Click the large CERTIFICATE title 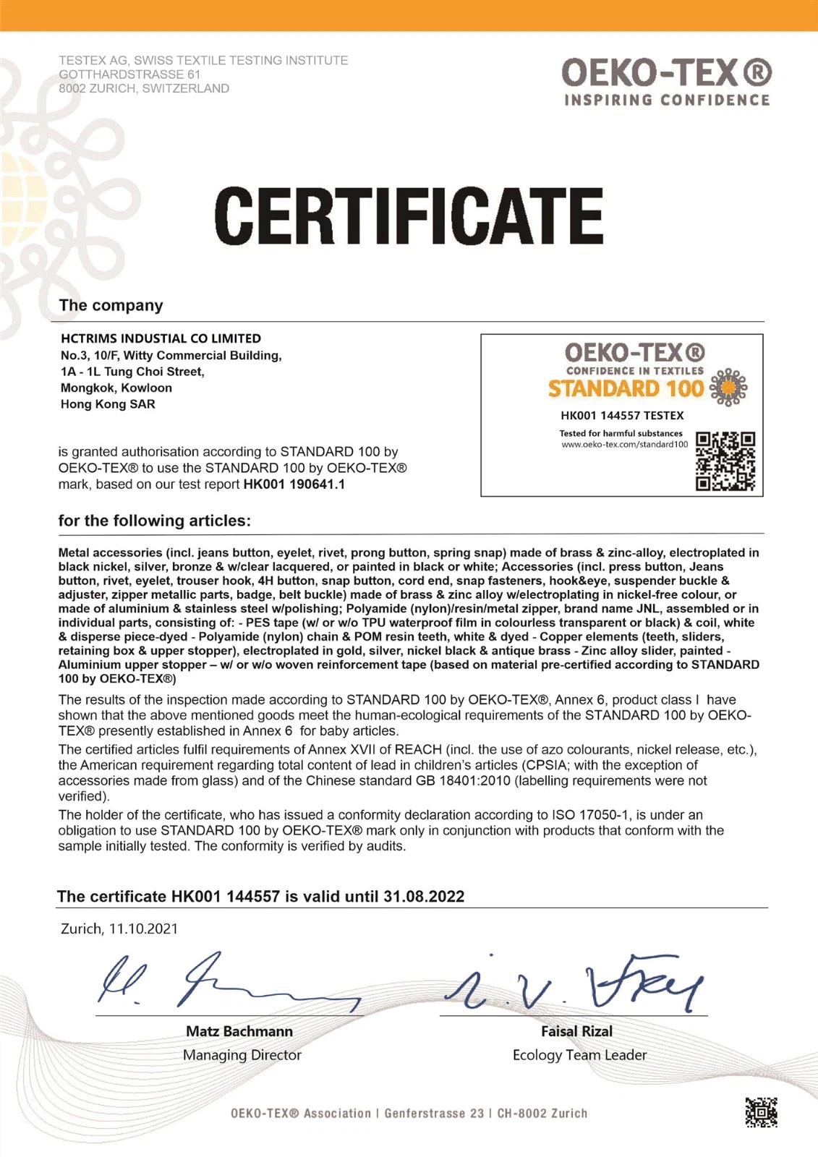409,215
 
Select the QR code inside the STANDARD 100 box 725,461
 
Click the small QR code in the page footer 761,1112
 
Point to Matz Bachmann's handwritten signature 224,982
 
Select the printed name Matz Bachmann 239,1031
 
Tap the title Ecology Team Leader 579,1055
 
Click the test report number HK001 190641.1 294,484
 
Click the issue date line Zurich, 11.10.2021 119,929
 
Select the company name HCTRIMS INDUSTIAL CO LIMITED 161,338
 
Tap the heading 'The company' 111,305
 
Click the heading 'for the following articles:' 155,521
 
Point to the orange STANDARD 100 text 626,389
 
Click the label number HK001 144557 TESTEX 622,416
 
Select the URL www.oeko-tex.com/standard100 625,444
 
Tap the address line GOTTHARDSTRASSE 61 129,74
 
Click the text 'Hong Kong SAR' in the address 108,404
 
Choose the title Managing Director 242,1055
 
